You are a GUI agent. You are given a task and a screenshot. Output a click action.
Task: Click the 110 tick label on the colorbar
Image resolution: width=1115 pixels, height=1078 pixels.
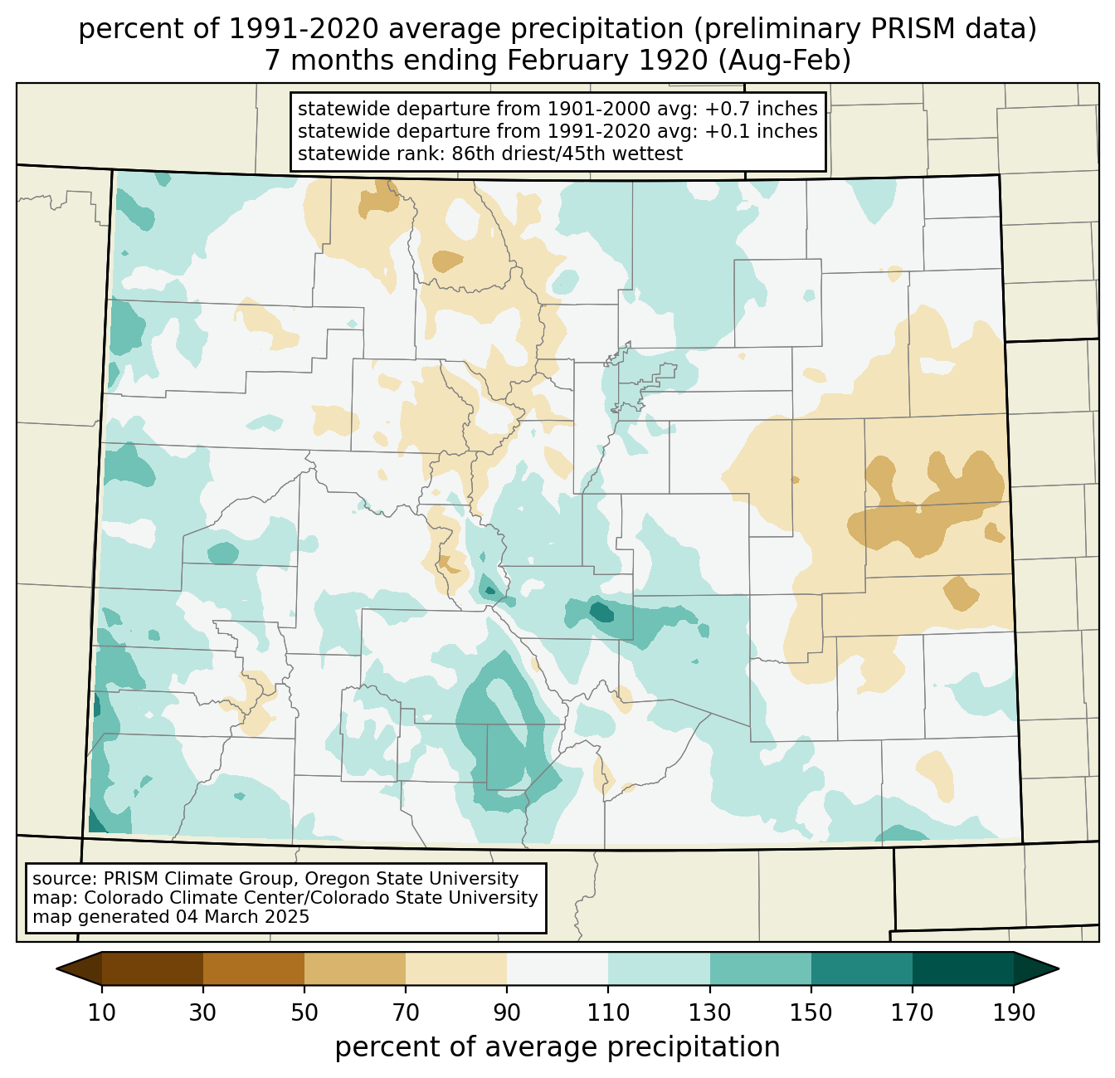tap(608, 1012)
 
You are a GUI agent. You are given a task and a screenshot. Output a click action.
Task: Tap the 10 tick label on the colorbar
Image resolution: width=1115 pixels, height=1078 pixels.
tap(102, 1012)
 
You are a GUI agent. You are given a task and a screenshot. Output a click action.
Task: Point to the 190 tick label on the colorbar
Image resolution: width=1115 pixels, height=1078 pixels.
tap(1014, 1012)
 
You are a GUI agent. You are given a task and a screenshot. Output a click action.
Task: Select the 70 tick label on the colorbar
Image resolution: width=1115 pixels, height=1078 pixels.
tap(406, 1012)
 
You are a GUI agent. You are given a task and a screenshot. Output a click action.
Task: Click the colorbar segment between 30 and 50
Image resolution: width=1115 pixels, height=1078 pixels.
tap(254, 968)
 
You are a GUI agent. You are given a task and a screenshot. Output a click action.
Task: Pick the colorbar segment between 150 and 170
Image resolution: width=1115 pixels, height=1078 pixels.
tap(862, 968)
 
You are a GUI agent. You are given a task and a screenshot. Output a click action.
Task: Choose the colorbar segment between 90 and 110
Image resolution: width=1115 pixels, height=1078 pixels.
tap(557, 968)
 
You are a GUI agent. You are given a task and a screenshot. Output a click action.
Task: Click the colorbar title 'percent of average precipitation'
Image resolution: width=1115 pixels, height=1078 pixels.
tap(557, 1047)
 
